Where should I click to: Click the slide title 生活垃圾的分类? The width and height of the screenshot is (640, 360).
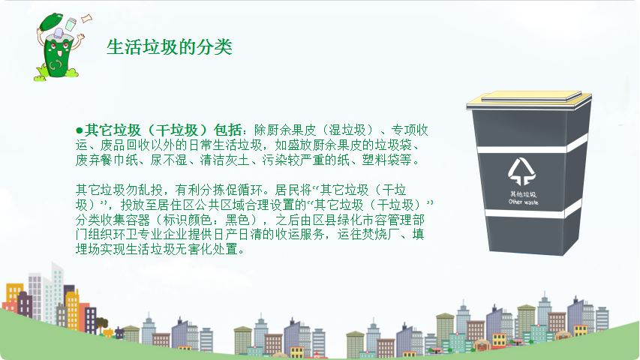(170, 47)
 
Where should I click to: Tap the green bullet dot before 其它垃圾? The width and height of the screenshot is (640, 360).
(80, 130)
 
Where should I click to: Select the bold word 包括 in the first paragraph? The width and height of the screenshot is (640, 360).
(228, 130)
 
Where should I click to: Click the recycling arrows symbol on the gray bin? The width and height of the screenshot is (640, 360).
(521, 172)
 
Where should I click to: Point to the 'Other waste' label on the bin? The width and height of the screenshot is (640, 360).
(523, 202)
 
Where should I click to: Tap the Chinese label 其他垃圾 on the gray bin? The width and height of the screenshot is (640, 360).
(523, 194)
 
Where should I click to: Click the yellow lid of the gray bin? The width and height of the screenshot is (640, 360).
(529, 100)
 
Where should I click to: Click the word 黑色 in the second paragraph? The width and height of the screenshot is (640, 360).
(238, 220)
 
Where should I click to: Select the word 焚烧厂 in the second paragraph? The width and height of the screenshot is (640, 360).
(381, 235)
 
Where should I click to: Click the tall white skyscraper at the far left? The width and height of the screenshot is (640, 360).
(56, 293)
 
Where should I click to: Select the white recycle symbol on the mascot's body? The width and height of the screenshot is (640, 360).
(56, 65)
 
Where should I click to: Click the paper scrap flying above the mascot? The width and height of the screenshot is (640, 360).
(86, 18)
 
